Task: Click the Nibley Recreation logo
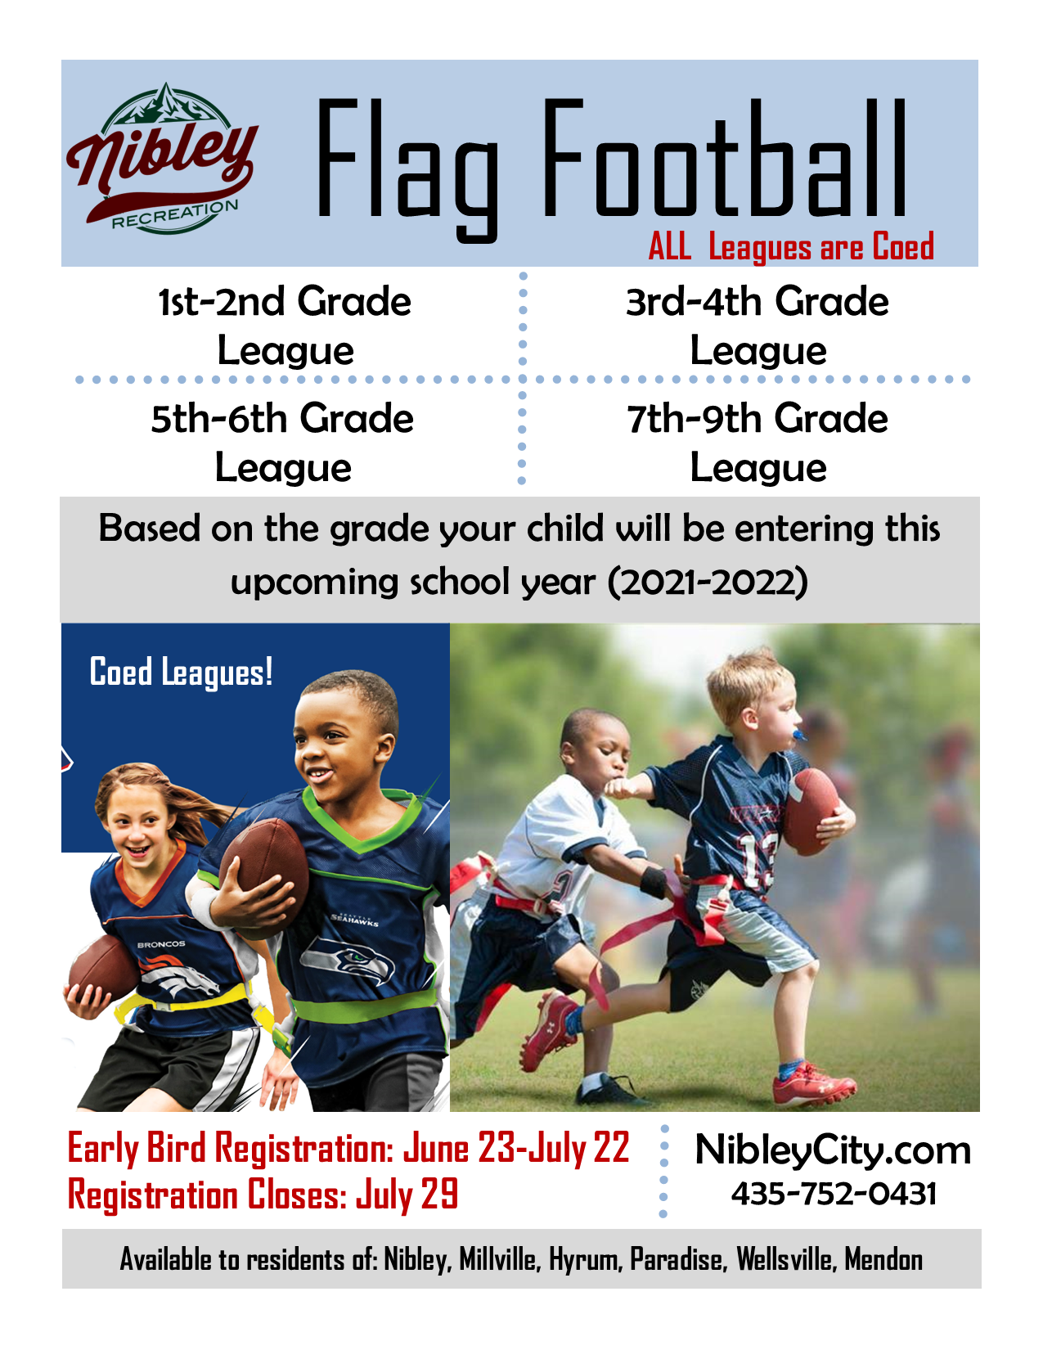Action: (x=163, y=159)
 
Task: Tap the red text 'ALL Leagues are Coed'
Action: (x=791, y=246)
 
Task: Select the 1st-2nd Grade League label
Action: (x=285, y=326)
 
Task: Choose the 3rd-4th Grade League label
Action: (x=758, y=326)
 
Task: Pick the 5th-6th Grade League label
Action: (x=283, y=442)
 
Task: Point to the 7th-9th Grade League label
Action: (x=758, y=442)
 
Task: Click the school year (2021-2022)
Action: (x=708, y=582)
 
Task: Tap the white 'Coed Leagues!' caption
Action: (x=181, y=673)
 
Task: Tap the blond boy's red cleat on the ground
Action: (x=815, y=1082)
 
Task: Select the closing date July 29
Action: (x=407, y=1194)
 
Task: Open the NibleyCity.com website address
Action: (x=833, y=1150)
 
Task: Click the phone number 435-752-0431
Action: (x=834, y=1194)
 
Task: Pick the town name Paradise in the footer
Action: (x=678, y=1258)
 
